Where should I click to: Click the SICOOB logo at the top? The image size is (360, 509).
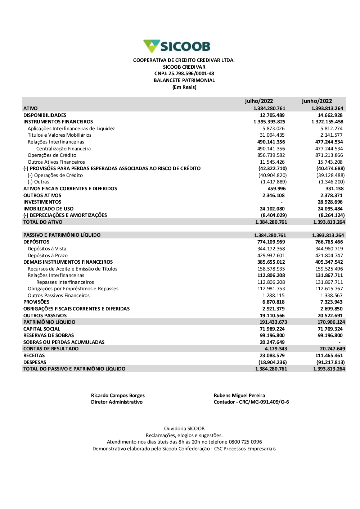point(177,46)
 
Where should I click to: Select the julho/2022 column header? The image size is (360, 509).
point(259,101)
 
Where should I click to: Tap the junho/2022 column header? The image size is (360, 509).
point(317,101)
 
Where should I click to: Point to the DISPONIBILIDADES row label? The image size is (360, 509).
point(45,115)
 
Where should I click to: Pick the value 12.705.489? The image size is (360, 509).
point(272,115)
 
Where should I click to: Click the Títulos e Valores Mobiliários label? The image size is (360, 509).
point(59,135)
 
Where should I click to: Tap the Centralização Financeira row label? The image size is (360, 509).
point(63,149)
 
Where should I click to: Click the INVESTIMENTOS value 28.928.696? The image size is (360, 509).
point(330,202)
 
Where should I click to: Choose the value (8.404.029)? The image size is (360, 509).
point(274,215)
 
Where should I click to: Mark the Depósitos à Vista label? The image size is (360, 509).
point(47,249)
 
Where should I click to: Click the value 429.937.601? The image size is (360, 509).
point(271,255)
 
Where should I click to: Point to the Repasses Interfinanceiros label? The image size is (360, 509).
point(65,282)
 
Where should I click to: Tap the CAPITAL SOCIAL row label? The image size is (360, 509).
point(42,329)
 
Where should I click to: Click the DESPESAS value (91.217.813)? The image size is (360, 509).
point(330,363)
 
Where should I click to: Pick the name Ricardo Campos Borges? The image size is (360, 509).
point(118,396)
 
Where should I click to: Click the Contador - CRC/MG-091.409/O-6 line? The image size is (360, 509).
point(251,402)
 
